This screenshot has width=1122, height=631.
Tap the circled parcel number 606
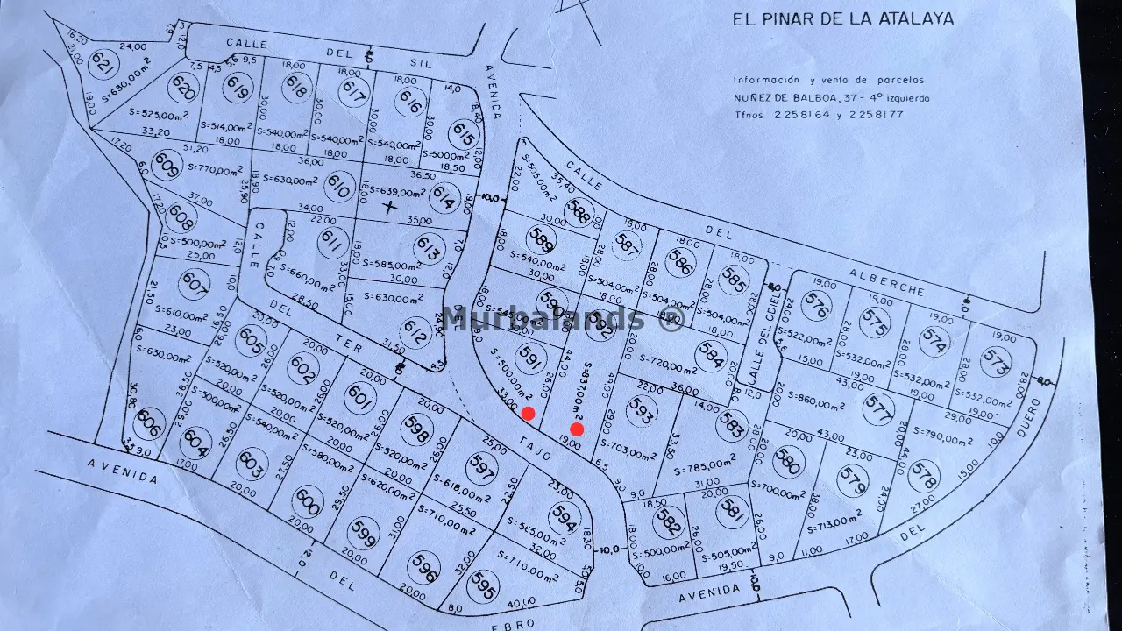pyautogui.click(x=151, y=422)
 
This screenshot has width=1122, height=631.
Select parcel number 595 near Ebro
pyautogui.click(x=482, y=586)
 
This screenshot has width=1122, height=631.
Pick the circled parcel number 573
pyautogui.click(x=996, y=361)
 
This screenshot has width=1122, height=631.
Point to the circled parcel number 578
pyautogui.click(x=924, y=476)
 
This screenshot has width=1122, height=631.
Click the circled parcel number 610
pyautogui.click(x=338, y=186)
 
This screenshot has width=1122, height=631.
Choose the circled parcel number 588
pyautogui.click(x=578, y=213)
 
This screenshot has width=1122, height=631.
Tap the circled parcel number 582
pyautogui.click(x=668, y=523)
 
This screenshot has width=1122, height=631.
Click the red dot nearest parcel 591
pyautogui.click(x=528, y=414)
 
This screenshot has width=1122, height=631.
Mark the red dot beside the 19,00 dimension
pyautogui.click(x=577, y=429)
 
